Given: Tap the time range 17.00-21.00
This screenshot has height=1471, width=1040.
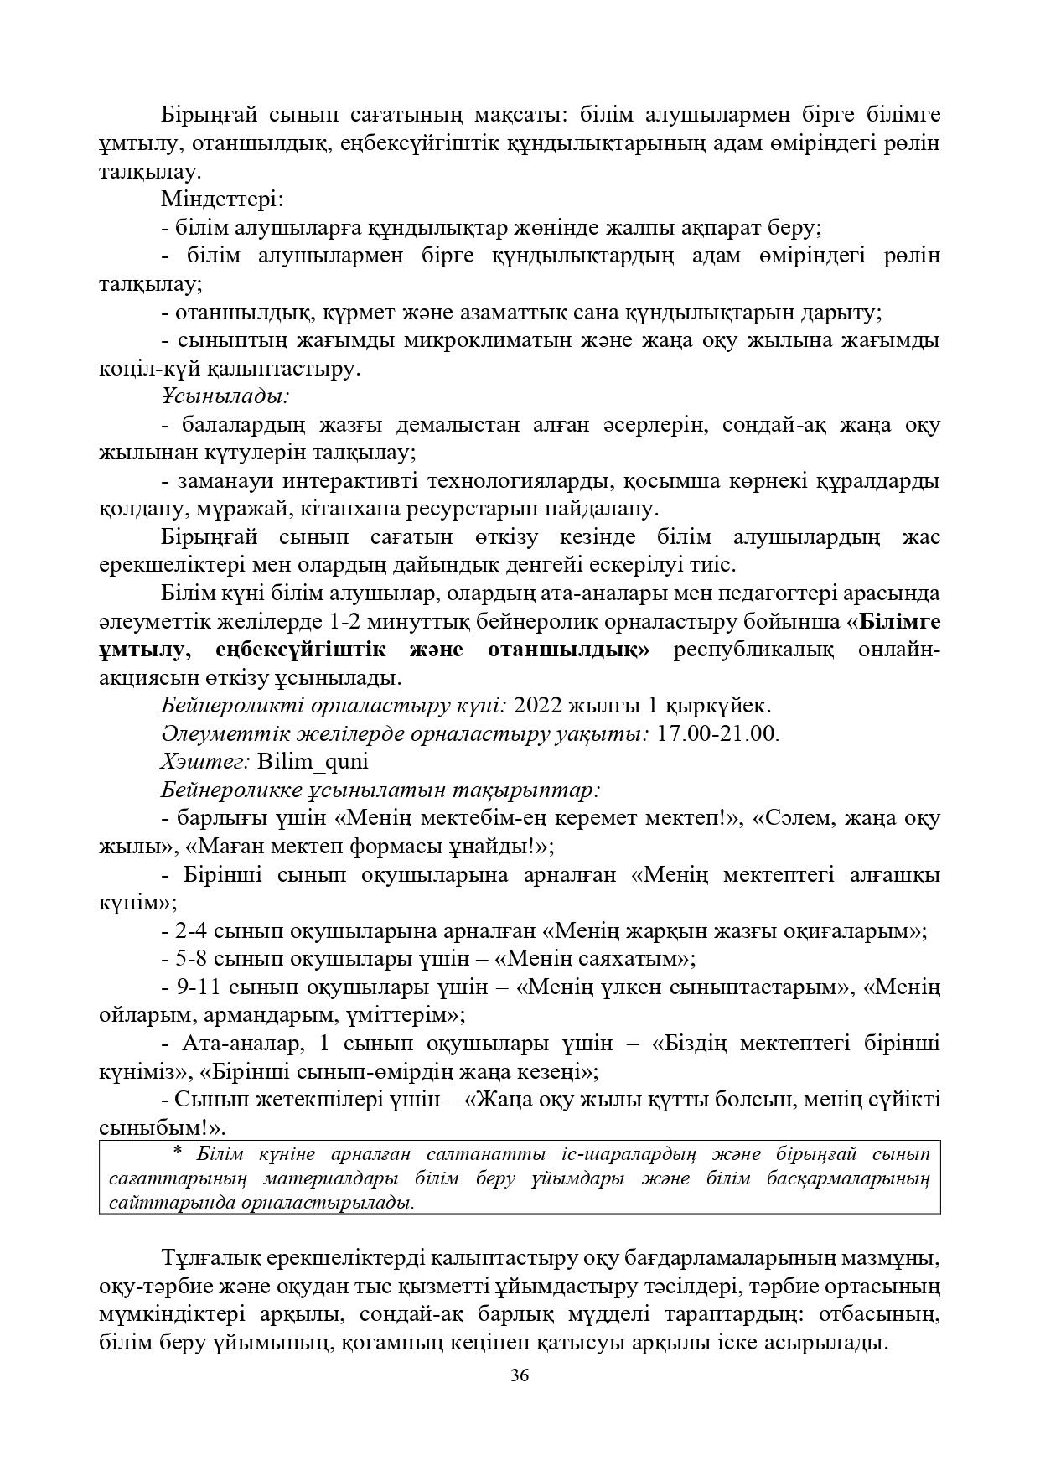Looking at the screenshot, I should tap(717, 733).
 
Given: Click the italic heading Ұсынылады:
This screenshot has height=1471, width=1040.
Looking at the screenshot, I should tap(225, 396).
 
